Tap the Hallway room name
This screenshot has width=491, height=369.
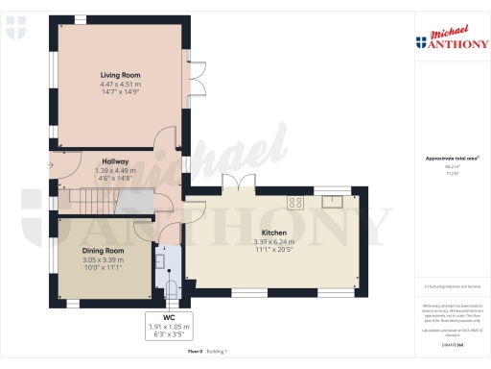coord(115,161)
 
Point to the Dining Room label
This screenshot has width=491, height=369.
coord(103,250)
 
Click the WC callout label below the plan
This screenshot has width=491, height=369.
coord(169,318)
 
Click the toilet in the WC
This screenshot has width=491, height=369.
coord(171,285)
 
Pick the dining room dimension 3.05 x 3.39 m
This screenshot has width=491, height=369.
coord(103,259)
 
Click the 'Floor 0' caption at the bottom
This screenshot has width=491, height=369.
coord(195,353)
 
